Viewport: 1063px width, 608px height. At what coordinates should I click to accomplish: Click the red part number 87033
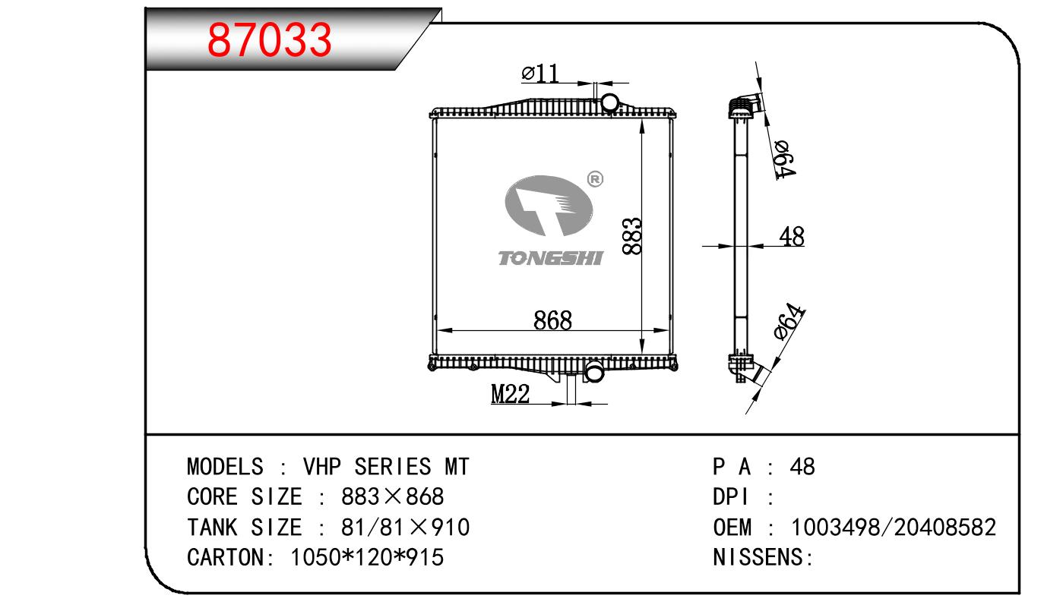coord(270,39)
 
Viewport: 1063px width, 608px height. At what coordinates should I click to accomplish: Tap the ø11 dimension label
coord(540,73)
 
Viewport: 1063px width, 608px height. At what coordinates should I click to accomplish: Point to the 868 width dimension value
coord(552,320)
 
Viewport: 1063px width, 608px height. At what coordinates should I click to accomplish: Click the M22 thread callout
coord(510,395)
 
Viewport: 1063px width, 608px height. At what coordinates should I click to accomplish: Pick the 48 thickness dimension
coord(791,237)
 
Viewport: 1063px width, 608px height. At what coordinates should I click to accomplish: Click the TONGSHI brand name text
coord(550,259)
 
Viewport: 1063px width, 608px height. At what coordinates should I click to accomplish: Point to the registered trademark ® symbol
coord(595,179)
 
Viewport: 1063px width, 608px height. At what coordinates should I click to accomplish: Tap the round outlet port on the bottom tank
coord(593,373)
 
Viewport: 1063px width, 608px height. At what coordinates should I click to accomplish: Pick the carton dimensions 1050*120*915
coord(367,558)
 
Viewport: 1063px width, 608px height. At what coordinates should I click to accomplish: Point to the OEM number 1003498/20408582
coord(894,528)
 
